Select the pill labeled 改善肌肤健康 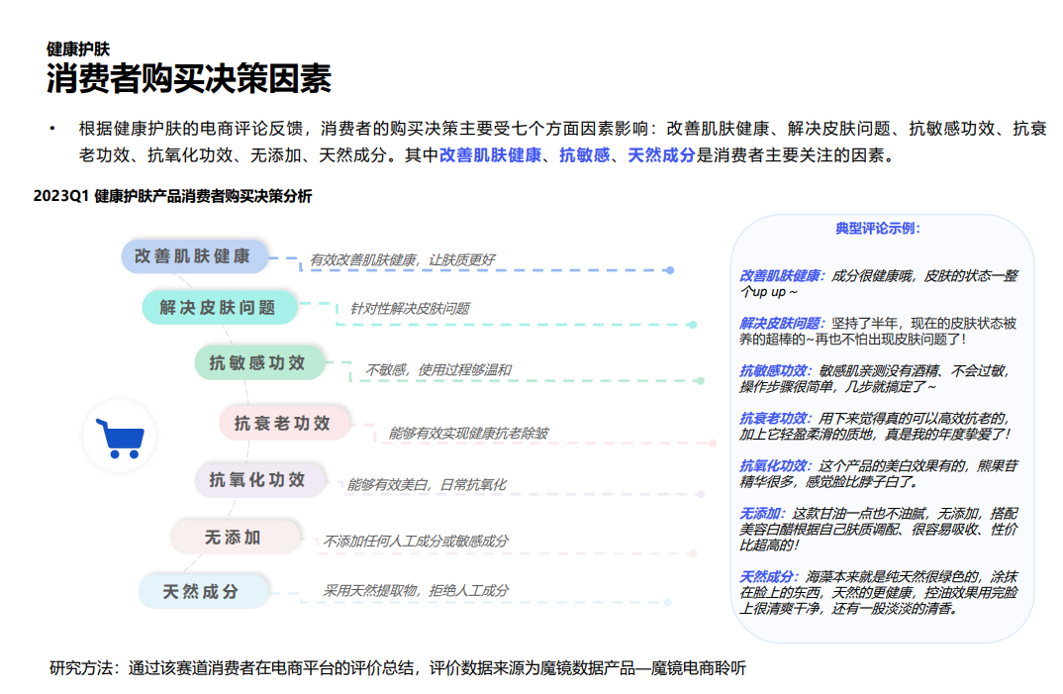click(194, 256)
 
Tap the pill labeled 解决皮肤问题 click(219, 308)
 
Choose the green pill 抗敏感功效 click(258, 363)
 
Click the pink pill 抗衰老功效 click(284, 424)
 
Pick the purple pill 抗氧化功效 click(258, 480)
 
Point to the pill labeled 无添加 click(234, 538)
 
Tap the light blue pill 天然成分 click(203, 592)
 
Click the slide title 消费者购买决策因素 click(189, 79)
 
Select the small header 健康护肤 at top click(78, 49)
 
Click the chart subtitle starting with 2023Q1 click(172, 197)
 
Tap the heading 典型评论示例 click(878, 229)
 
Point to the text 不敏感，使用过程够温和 click(437, 370)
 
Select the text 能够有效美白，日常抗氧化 click(426, 485)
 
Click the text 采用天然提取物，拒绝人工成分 click(416, 591)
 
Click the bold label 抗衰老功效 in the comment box click(774, 419)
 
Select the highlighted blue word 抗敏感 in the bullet click(585, 155)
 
